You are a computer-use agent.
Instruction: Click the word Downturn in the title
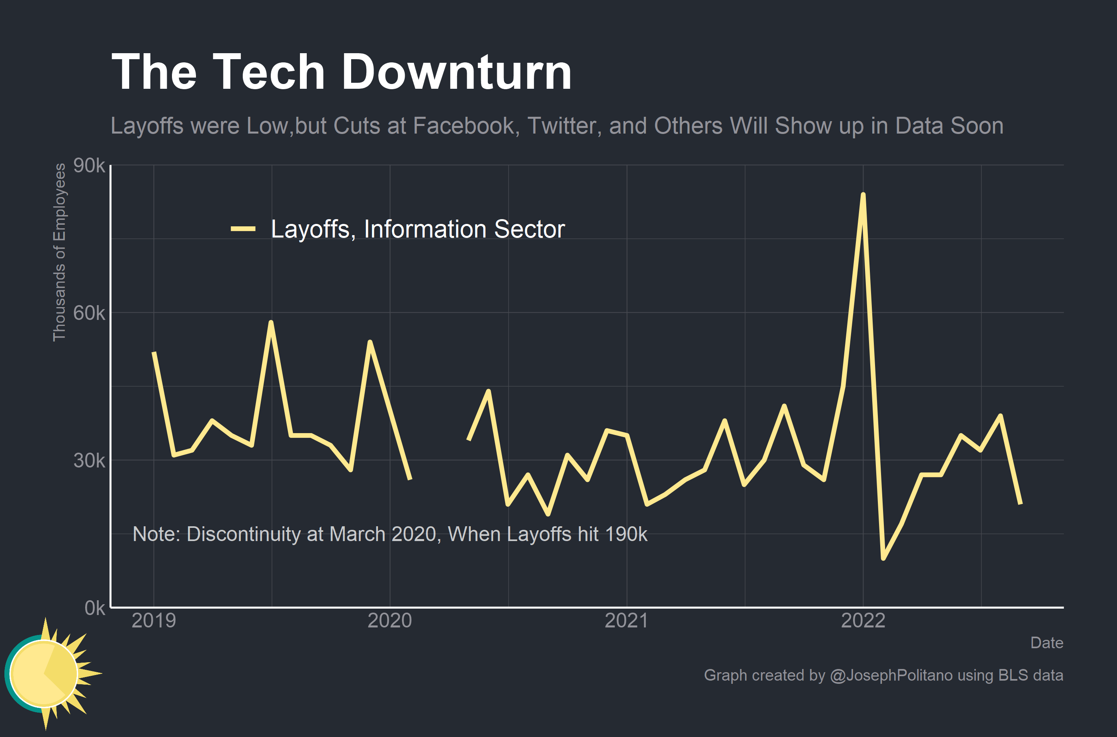pos(456,72)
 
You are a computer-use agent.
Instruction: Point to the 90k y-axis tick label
pos(89,166)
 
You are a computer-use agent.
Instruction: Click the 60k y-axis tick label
pos(89,313)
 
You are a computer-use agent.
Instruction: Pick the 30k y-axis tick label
pos(89,461)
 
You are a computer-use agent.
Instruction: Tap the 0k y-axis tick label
pos(94,608)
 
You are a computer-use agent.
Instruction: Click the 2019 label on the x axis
pos(154,621)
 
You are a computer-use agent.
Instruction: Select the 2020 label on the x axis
pos(390,621)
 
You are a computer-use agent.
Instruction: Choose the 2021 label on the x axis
pos(626,621)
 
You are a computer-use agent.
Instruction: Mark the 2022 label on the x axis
pos(863,621)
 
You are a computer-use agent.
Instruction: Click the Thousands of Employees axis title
pos(59,252)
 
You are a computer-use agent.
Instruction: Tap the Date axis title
pos(1047,643)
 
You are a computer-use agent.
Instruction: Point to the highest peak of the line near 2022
pos(863,195)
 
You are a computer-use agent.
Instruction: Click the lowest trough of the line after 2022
pos(883,558)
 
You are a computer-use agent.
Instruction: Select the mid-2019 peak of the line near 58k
pos(271,322)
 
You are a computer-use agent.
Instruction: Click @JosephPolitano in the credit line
pos(891,675)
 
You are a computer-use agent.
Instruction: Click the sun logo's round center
pos(44,673)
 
